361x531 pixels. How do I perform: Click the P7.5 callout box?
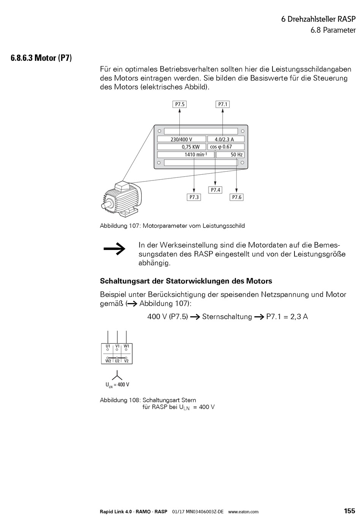(x=180, y=104)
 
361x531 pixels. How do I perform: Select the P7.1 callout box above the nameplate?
(x=223, y=104)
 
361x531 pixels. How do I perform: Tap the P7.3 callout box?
(x=194, y=197)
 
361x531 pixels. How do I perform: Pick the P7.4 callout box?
(x=215, y=190)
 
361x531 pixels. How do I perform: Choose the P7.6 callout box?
(x=237, y=197)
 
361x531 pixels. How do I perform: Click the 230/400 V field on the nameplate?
(x=182, y=139)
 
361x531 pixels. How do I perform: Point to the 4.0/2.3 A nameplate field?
(x=226, y=139)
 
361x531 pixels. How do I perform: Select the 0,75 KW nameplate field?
(x=182, y=147)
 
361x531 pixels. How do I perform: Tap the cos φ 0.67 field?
(x=226, y=147)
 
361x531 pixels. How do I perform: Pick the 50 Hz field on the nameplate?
(x=230, y=155)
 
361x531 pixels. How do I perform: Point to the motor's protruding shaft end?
(x=104, y=205)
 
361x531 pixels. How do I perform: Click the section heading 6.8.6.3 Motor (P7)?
(x=41, y=58)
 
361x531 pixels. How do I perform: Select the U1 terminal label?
(x=108, y=346)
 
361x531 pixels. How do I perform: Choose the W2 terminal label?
(x=108, y=361)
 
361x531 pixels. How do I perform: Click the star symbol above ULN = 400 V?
(x=117, y=375)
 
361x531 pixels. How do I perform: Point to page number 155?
(x=350, y=511)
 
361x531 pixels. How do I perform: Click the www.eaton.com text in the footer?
(x=243, y=512)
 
